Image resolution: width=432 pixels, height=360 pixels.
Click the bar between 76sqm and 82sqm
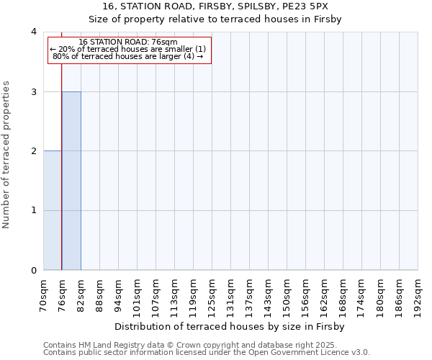[x=71, y=181]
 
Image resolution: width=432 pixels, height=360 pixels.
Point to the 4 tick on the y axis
[x=34, y=32]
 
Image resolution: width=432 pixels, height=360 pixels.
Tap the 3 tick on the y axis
[x=34, y=91]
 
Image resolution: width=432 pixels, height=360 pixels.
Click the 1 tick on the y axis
[x=34, y=210]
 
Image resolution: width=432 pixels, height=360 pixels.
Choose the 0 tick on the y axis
[x=34, y=270]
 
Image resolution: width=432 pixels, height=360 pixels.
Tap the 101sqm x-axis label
[x=138, y=297]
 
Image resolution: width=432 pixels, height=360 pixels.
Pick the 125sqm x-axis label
[x=212, y=297]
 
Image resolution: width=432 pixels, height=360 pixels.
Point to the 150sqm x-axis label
[x=287, y=297]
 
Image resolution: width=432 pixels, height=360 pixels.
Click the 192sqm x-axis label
[x=418, y=297]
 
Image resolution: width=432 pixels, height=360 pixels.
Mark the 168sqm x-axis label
[x=343, y=297]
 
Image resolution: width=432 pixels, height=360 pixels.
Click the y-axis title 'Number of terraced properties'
[x=6, y=155]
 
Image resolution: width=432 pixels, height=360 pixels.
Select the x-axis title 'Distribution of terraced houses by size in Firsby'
[x=230, y=326]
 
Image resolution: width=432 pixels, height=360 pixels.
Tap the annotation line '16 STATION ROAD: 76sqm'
[x=128, y=42]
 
